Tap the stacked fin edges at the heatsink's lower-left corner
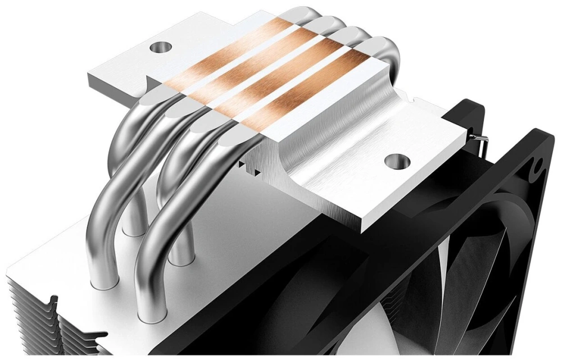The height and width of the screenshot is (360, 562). [22, 315]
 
